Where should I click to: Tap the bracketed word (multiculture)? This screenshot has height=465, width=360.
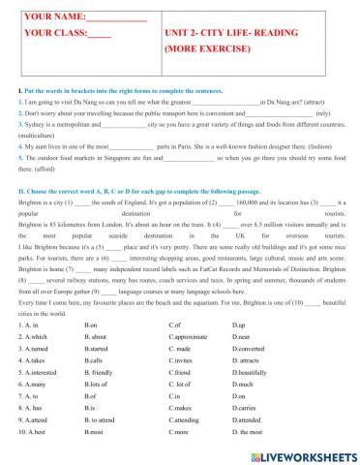[x=36, y=138]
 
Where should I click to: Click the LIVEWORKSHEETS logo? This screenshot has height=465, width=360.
[x=305, y=453]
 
